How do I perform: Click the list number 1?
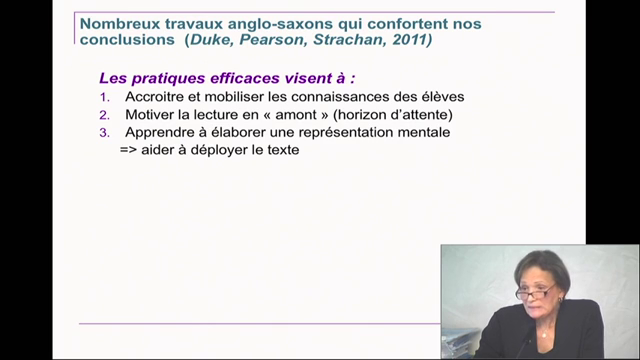pyautogui.click(x=104, y=97)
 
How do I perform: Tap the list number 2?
pyautogui.click(x=104, y=115)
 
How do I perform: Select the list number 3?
pyautogui.click(x=104, y=132)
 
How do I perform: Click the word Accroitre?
pyautogui.click(x=157, y=97)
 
